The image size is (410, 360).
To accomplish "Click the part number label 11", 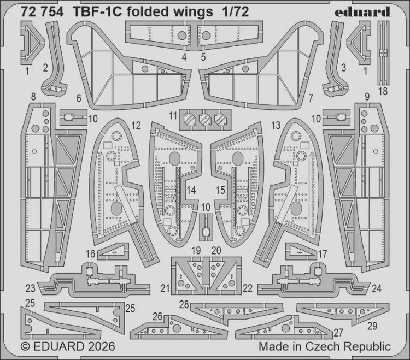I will coord(173,115).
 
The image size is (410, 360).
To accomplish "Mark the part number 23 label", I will coord(30,288).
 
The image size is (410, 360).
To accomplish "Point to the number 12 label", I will coord(136,125).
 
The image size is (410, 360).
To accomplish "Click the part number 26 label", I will coord(157,316).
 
